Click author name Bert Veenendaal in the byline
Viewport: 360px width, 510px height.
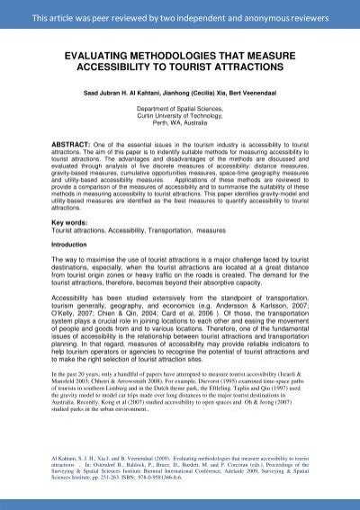[x=253, y=90]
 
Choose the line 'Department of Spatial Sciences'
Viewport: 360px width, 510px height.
[x=181, y=108]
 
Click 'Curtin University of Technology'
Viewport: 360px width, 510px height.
[x=181, y=115]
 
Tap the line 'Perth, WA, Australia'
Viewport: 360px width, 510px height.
[x=181, y=122]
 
